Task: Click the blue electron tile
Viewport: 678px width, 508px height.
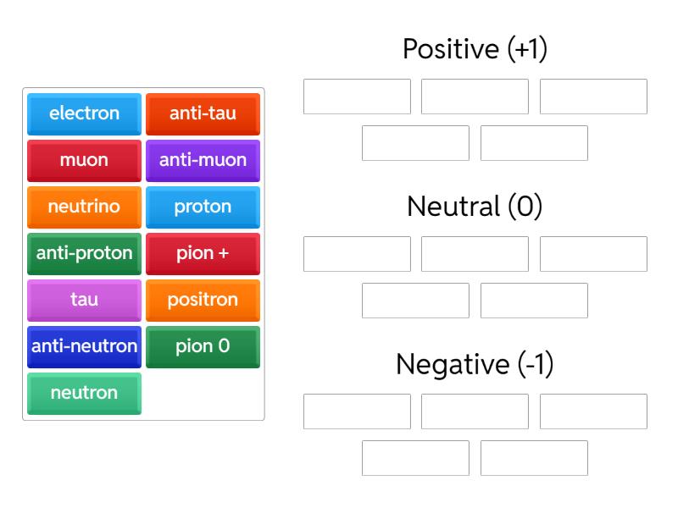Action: point(84,113)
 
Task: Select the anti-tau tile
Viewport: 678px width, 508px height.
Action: point(203,113)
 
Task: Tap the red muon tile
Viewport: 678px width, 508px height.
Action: point(84,160)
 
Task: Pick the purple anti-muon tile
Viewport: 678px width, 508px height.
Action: point(203,160)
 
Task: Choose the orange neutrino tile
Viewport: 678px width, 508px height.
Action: point(84,207)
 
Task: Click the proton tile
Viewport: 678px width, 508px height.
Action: point(203,207)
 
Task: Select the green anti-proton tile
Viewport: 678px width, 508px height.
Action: point(84,253)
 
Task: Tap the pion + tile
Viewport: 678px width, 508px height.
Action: point(203,253)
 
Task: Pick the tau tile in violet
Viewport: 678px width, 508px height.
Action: point(84,300)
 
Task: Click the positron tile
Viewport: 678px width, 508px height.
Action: point(203,300)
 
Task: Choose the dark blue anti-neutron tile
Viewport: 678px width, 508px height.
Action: point(84,346)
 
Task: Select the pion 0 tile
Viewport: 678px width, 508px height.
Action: point(203,346)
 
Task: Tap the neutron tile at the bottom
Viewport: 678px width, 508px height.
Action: point(84,393)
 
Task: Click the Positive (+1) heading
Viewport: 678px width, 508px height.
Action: point(475,49)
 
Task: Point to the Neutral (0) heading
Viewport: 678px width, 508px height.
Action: point(475,207)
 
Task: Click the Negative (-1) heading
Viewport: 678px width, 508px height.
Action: point(475,364)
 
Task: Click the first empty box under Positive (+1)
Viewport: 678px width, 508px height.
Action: point(357,97)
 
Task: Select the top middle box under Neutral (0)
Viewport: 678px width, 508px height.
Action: point(475,254)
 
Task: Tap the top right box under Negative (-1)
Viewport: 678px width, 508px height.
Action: point(593,411)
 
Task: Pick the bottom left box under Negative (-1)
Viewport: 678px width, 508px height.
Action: point(415,458)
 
